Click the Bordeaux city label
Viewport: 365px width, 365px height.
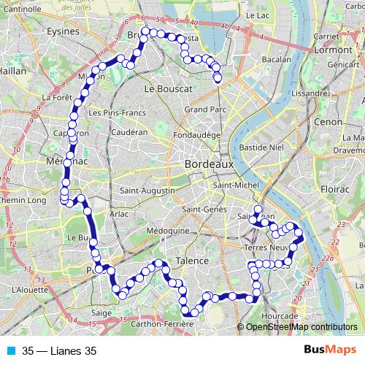210,165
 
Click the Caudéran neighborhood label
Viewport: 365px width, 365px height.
130,132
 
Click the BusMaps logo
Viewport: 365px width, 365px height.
330,350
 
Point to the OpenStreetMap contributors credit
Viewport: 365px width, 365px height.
301,327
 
